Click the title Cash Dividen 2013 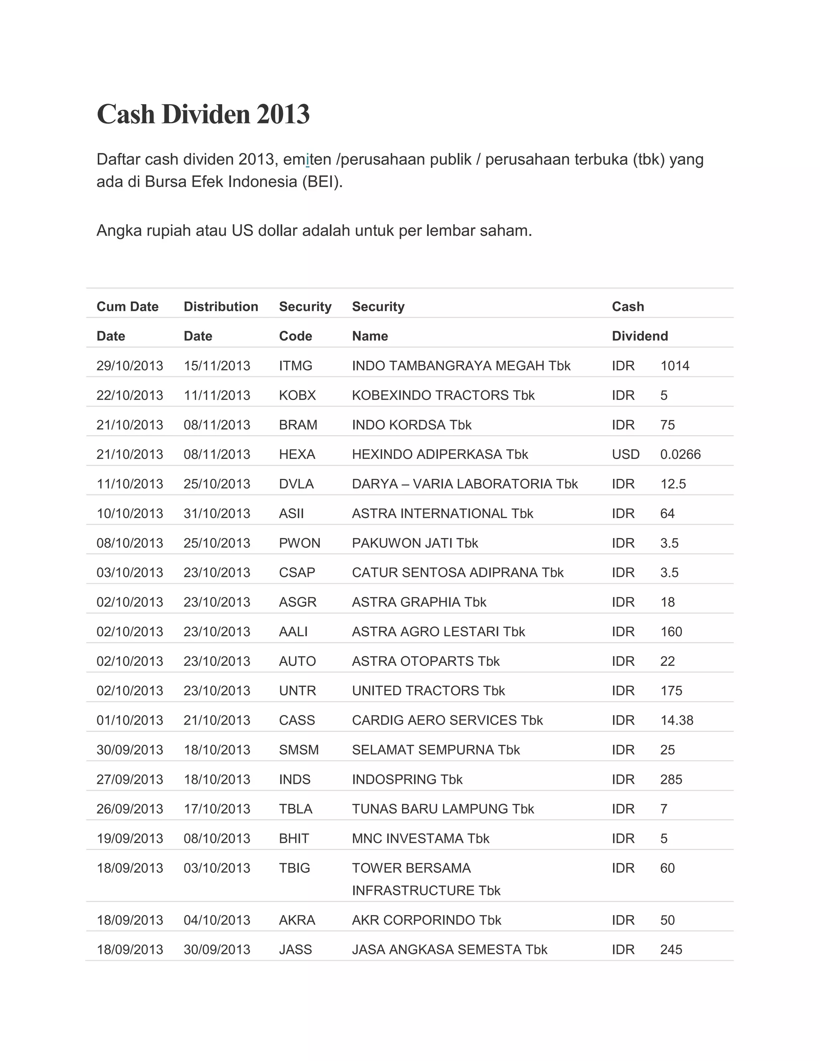point(203,115)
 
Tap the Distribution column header point(221,307)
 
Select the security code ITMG point(295,366)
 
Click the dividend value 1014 point(674,366)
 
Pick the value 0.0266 point(680,454)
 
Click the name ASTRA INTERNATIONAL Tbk point(442,514)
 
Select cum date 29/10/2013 point(130,366)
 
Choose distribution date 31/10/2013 point(217,514)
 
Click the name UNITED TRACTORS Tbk point(428,691)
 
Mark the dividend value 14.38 point(677,720)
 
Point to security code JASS point(295,950)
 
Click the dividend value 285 point(671,780)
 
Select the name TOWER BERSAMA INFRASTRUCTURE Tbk point(426,879)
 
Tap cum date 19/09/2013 point(130,838)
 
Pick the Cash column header point(628,307)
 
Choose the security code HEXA point(297,454)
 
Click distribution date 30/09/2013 point(217,950)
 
